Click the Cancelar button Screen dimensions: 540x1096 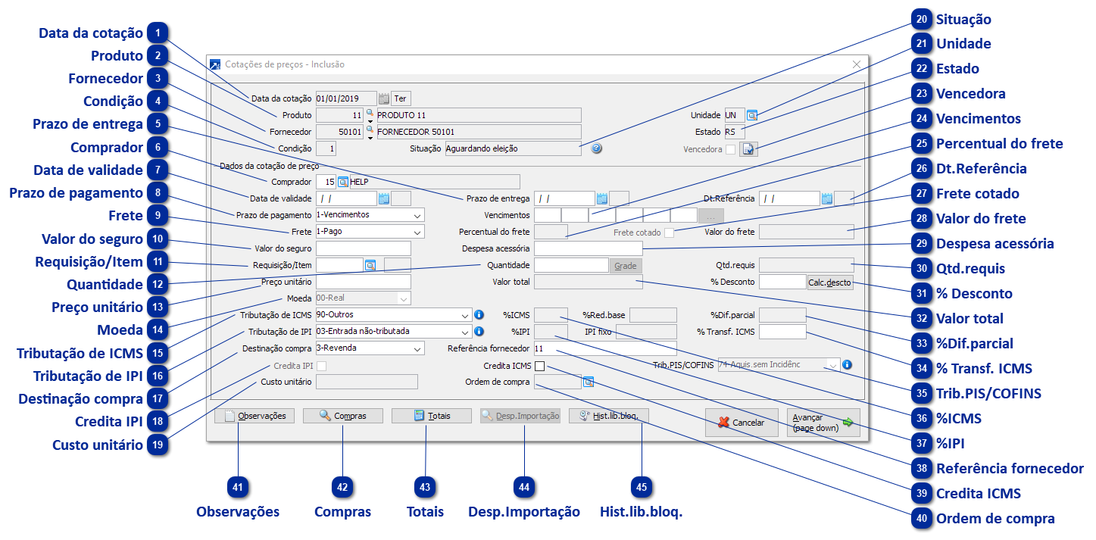point(742,423)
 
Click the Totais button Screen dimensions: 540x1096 point(431,416)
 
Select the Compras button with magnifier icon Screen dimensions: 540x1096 point(342,416)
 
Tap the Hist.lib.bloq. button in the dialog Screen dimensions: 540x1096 point(608,416)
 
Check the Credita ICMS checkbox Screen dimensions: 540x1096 point(540,367)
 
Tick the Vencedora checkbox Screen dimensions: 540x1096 point(730,149)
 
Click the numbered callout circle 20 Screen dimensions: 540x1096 point(920,19)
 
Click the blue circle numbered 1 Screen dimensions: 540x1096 point(158,33)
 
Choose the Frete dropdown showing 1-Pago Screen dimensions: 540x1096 point(370,231)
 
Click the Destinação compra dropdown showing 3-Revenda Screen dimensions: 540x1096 point(370,348)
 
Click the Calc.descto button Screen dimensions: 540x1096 point(829,282)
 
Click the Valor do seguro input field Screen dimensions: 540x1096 point(363,248)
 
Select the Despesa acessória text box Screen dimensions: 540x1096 point(588,248)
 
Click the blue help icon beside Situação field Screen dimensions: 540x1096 point(597,148)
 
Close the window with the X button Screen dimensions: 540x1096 point(857,64)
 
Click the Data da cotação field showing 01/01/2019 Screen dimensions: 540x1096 point(345,98)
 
